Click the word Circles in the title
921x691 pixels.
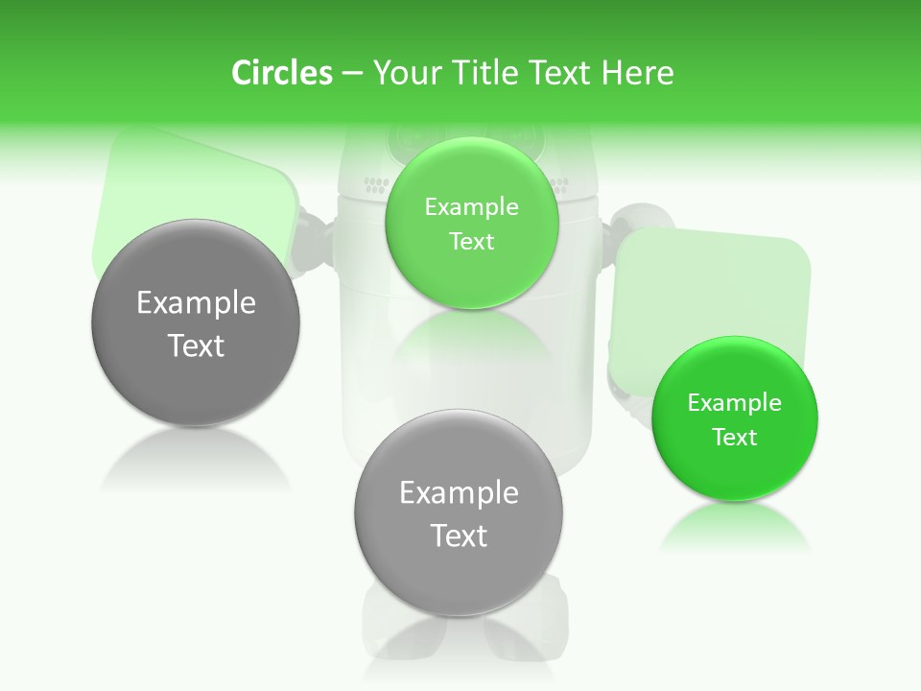point(281,73)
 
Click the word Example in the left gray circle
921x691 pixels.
point(196,302)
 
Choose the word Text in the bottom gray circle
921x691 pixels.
point(459,536)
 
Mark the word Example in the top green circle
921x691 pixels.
point(471,206)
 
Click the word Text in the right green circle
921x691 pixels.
point(735,438)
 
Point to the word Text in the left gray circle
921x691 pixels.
point(196,345)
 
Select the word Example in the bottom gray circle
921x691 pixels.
point(459,492)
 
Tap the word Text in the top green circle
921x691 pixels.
point(471,241)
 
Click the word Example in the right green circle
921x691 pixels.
point(735,402)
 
